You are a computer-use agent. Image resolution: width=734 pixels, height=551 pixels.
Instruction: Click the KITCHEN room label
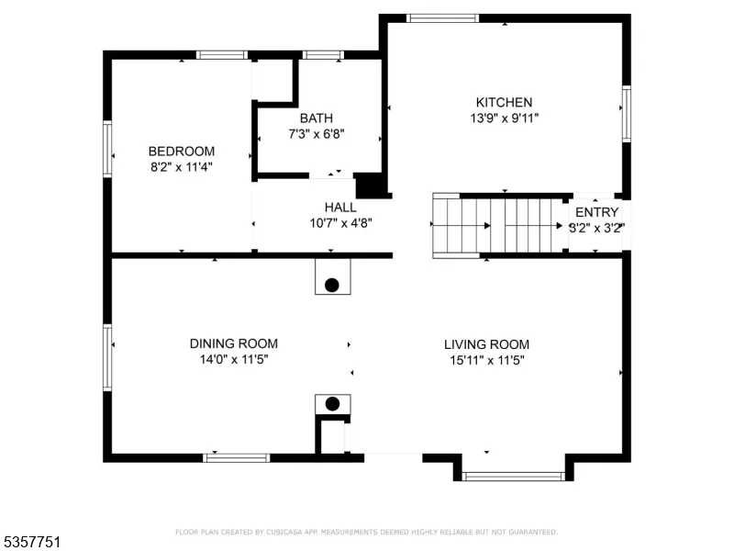[x=504, y=102]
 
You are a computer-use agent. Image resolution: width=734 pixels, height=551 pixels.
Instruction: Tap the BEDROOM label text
[x=181, y=152]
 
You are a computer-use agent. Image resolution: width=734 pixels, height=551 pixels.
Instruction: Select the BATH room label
[x=317, y=118]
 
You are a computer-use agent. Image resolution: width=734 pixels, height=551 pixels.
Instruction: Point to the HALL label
[x=340, y=208]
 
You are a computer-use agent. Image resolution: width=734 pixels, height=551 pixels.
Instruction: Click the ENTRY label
[x=597, y=212]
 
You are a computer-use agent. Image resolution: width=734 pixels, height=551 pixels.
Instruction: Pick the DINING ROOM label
[x=234, y=343]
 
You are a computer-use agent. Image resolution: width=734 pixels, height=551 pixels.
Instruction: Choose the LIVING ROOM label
[x=487, y=345]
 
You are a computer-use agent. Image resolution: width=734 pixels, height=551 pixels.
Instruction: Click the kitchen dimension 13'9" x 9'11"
[x=504, y=118]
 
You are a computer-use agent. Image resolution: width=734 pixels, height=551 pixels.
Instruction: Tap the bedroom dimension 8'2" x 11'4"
[x=181, y=167]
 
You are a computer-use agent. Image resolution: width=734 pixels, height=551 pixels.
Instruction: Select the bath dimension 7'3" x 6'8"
[x=317, y=134]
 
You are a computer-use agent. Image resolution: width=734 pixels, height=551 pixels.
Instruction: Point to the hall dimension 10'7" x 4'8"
[x=340, y=223]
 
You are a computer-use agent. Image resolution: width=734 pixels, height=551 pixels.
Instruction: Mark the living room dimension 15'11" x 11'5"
[x=487, y=360]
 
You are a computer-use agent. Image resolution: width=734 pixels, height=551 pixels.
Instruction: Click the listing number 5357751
[x=30, y=542]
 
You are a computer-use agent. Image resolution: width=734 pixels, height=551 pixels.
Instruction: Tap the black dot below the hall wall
[x=332, y=285]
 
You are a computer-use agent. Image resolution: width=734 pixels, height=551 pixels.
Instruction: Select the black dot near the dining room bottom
[x=332, y=404]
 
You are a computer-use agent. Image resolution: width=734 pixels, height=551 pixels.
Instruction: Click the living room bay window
[x=514, y=477]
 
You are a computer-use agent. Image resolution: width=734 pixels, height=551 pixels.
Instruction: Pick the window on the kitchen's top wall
[x=442, y=18]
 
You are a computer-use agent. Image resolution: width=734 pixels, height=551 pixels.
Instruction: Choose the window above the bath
[x=323, y=55]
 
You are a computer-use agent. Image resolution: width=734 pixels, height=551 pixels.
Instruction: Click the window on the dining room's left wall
[x=107, y=357]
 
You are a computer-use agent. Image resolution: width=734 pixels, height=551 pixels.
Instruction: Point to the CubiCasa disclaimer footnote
[x=366, y=532]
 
